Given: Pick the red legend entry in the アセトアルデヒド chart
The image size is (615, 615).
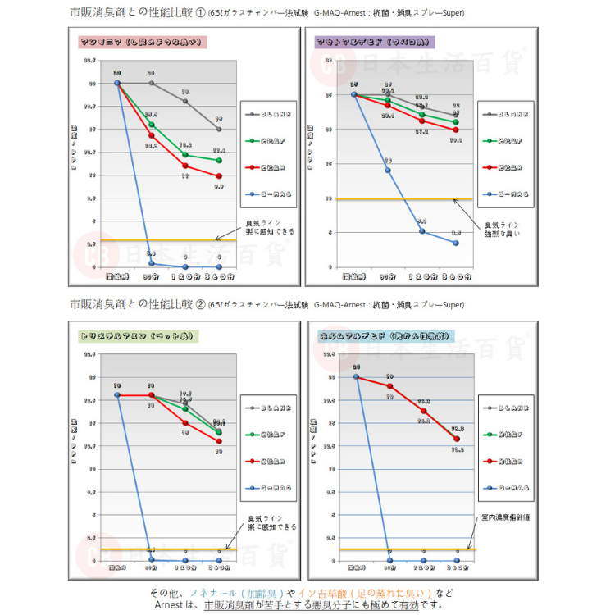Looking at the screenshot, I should coord(505,167).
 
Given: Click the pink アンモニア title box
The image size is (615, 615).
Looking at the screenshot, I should coord(143,43).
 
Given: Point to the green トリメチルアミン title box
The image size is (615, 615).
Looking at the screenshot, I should coord(139,336).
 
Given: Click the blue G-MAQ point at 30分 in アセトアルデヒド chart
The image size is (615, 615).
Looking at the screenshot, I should coord(388,171).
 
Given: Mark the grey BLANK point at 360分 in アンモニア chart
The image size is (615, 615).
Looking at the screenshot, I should coord(219,129).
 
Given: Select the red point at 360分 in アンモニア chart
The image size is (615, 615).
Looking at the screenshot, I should coord(219,176).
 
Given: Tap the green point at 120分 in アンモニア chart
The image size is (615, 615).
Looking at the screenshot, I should coord(185,155).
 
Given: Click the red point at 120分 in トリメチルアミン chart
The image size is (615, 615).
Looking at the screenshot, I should coord(185,423).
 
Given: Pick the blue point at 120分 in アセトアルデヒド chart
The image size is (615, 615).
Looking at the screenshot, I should coord(422,231).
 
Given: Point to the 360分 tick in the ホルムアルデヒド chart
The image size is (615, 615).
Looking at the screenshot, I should coord(456,567).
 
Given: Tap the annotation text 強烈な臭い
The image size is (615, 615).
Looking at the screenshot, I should coord(502,234).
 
